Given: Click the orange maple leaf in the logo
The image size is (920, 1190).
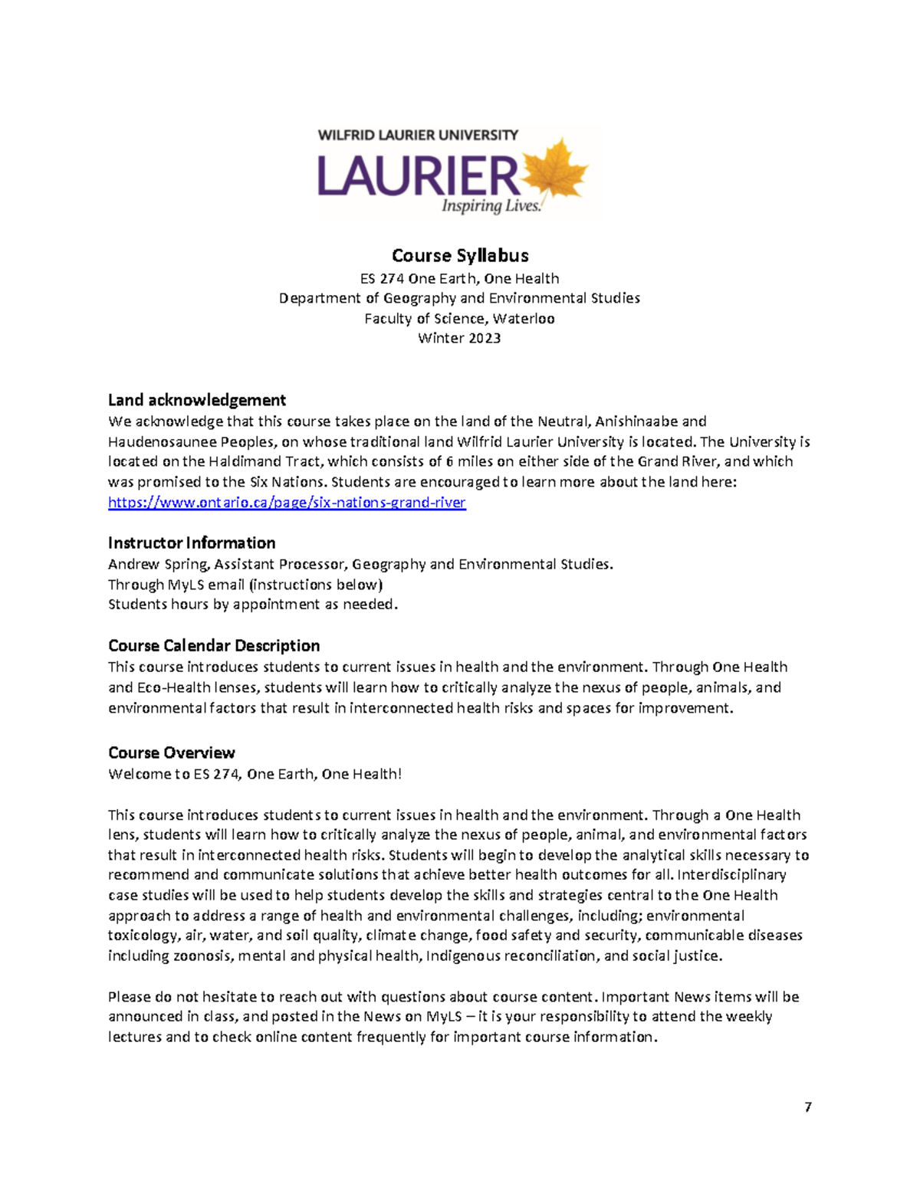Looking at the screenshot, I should click(x=554, y=173).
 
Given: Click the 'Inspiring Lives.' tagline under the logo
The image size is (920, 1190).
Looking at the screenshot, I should click(x=491, y=206).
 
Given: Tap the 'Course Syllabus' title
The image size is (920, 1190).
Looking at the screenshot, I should click(x=460, y=255).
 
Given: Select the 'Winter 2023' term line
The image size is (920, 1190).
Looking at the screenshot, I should click(x=459, y=338).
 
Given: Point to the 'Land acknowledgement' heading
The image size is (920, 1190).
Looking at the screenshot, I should click(x=197, y=400).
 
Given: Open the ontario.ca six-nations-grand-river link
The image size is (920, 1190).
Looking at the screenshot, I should click(x=287, y=503).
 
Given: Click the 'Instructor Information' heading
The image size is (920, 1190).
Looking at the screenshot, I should click(x=192, y=543).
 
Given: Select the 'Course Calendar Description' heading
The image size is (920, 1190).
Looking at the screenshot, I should click(x=214, y=646).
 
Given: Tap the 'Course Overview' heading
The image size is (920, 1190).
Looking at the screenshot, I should click(x=172, y=753).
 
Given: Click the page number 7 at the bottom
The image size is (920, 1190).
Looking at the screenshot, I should click(x=808, y=1107).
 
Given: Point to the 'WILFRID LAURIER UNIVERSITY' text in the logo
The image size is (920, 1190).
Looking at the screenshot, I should click(x=418, y=136).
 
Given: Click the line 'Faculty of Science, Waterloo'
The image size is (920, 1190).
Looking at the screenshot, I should click(x=459, y=318).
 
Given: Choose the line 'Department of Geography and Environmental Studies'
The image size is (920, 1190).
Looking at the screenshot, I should click(x=459, y=298).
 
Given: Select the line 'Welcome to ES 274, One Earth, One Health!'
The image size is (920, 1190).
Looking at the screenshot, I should click(x=255, y=774).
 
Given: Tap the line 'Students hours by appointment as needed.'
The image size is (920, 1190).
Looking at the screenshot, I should click(x=253, y=605).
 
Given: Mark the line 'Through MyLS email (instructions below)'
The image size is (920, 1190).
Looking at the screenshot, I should click(x=245, y=585).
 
